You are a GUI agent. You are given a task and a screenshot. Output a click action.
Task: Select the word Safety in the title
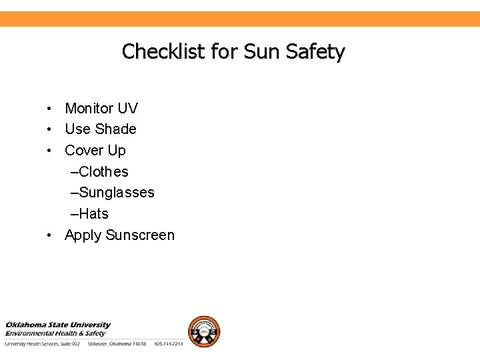tap(315, 51)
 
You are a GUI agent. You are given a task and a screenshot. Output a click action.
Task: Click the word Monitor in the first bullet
tap(89, 108)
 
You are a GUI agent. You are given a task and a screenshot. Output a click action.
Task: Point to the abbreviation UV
tap(128, 108)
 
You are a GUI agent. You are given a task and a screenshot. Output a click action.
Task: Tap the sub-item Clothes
tap(103, 172)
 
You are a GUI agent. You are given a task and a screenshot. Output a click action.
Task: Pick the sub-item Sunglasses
tap(116, 193)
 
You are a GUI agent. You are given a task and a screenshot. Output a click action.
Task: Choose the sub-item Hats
tap(93, 214)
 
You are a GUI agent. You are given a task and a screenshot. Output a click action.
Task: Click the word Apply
tap(83, 235)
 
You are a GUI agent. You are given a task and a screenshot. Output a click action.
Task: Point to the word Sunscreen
tap(140, 235)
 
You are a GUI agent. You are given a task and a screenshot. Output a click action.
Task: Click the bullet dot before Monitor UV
tap(50, 109)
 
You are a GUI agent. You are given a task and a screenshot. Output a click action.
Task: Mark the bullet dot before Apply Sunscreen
tap(50, 235)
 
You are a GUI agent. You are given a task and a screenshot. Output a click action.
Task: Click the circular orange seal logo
tap(203, 331)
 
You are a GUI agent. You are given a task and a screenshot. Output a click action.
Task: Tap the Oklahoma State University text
tap(58, 325)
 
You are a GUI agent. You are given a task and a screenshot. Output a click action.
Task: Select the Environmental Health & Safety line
tap(56, 333)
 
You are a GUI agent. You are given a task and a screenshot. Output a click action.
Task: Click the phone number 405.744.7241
tap(168, 344)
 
